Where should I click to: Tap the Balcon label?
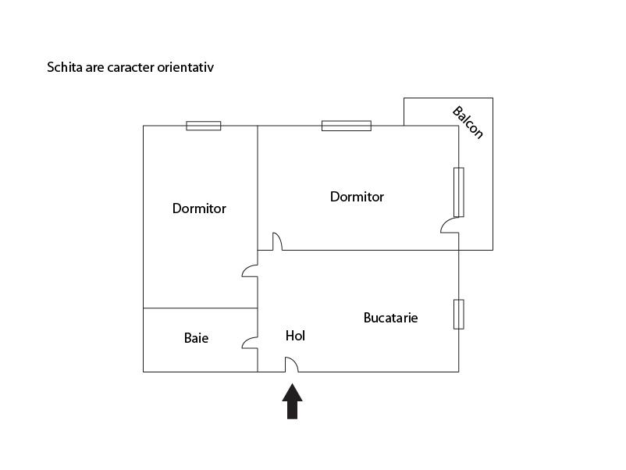[468, 122]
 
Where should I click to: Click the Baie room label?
[196, 338]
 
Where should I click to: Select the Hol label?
[295, 336]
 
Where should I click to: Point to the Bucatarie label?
[390, 318]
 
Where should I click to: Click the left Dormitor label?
[199, 208]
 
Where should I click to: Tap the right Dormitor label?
[357, 197]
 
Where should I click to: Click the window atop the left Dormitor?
[203, 126]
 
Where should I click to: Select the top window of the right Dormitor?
[346, 126]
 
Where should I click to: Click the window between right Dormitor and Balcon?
[459, 192]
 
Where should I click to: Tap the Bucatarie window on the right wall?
[459, 314]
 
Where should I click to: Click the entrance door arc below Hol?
[291, 364]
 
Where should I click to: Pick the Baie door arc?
[250, 343]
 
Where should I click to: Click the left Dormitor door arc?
[250, 270]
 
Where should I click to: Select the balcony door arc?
[450, 226]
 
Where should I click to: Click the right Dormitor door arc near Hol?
[277, 241]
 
